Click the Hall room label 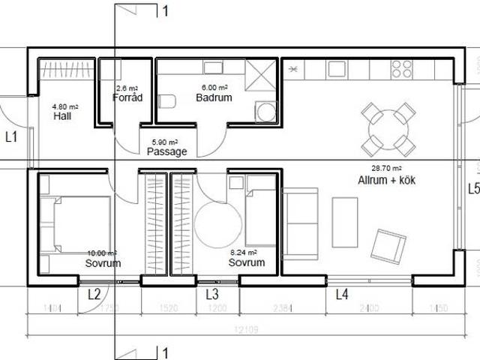(62, 117)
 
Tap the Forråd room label (127, 97)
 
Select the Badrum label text (214, 97)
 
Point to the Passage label (166, 151)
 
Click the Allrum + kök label (386, 181)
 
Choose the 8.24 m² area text (244, 253)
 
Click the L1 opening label (11, 137)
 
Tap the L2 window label (94, 295)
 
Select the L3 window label (211, 295)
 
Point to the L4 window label (341, 295)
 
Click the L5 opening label (472, 188)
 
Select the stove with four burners (402, 69)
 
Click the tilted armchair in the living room (388, 246)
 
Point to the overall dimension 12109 (241, 331)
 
